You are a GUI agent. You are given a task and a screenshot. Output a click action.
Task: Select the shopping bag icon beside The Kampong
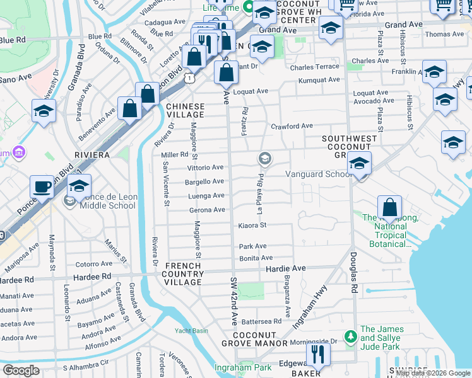(390, 207)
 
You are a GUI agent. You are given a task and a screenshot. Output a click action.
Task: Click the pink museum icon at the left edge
(20, 152)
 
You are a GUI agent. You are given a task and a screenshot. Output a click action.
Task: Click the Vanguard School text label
(317, 174)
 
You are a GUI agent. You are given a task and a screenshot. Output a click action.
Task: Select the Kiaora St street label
(252, 225)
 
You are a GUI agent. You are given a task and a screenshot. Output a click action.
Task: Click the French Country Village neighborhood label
(183, 274)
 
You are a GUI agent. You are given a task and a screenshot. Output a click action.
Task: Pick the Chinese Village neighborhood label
(185, 111)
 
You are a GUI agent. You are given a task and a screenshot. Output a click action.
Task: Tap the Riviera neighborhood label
(92, 155)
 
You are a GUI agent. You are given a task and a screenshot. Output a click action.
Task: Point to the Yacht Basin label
(191, 330)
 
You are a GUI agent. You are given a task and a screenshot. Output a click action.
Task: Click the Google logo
(21, 370)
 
